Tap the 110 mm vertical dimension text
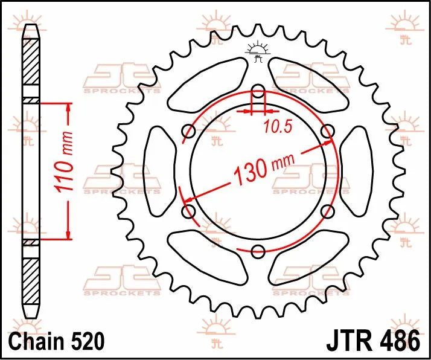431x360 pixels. (x=66, y=161)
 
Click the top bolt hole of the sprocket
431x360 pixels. (x=258, y=92)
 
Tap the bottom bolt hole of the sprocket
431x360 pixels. (x=258, y=251)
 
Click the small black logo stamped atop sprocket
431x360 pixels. (x=258, y=51)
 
